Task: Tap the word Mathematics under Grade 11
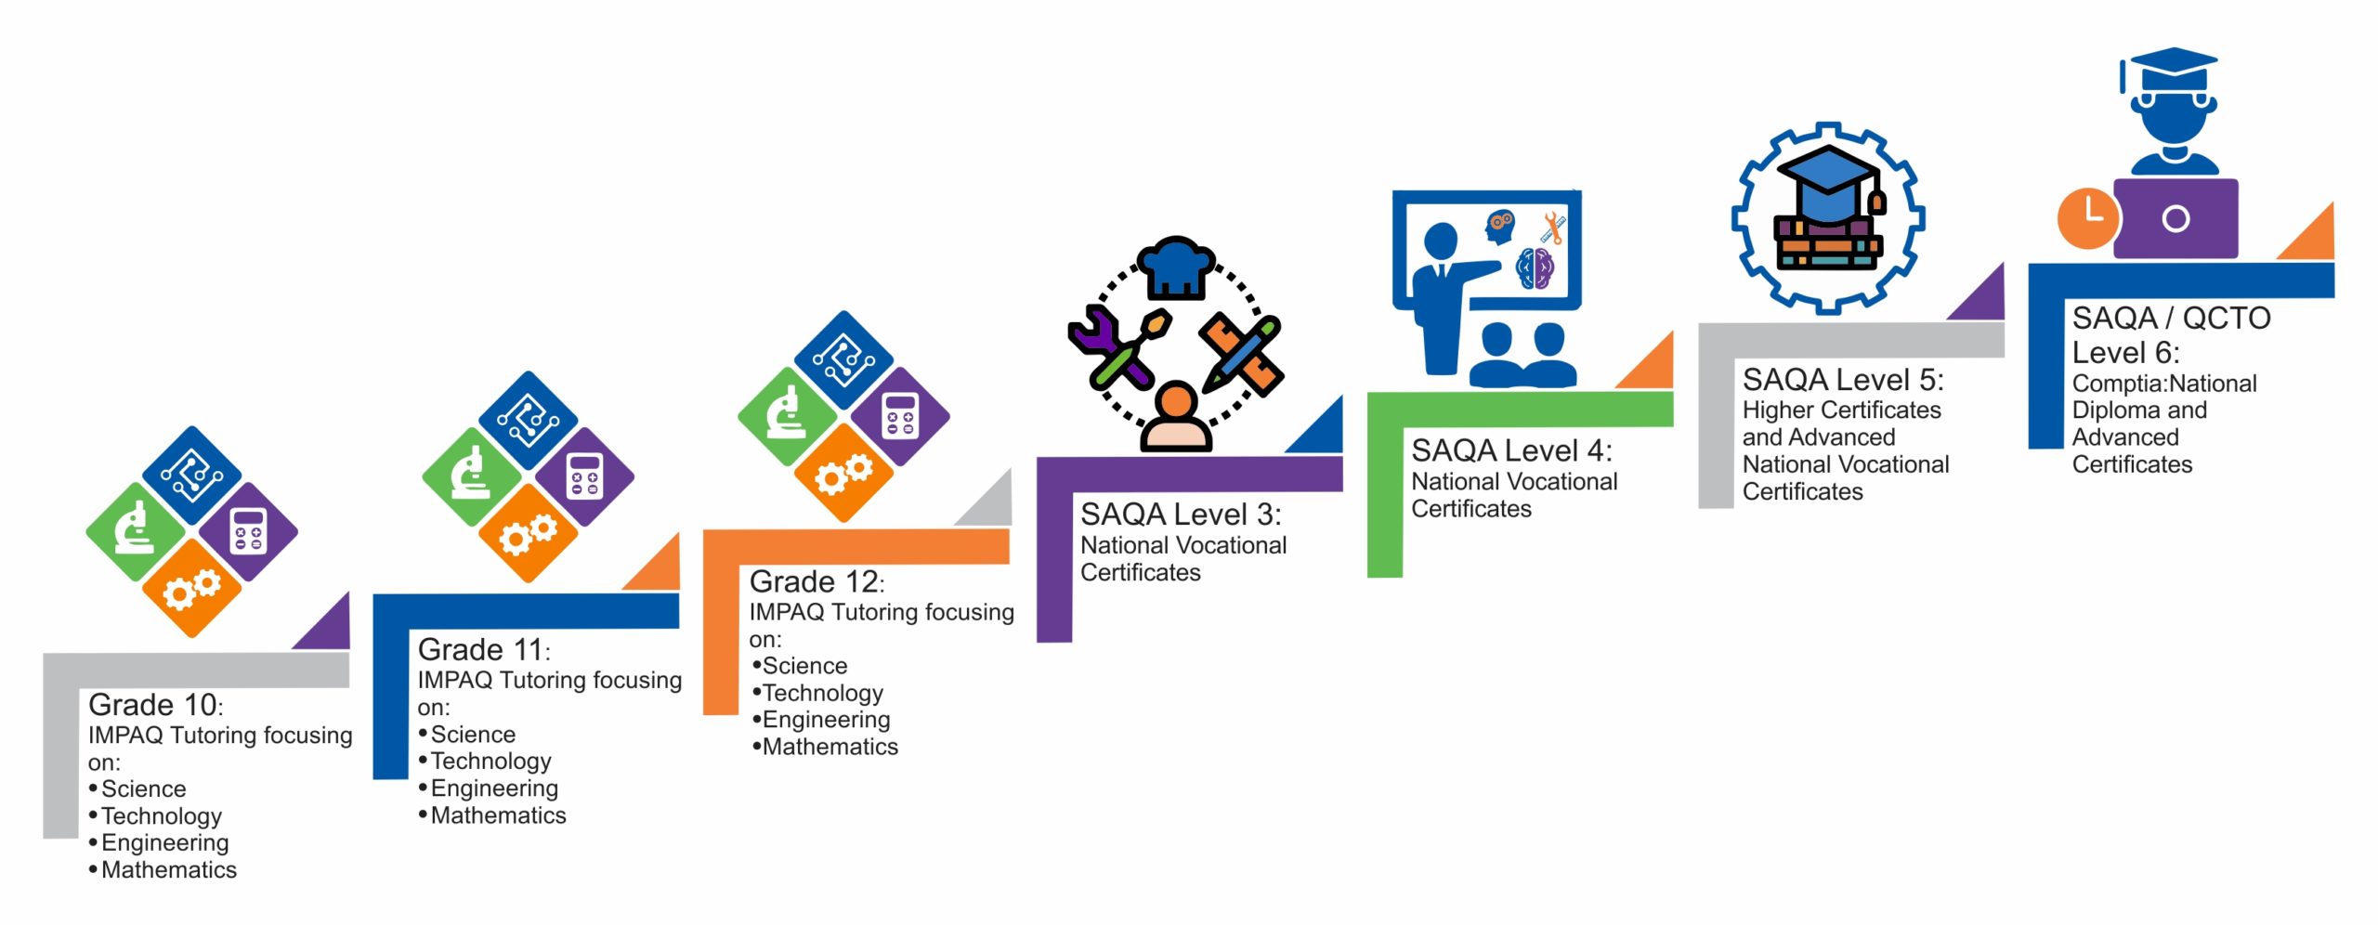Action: pyautogui.click(x=498, y=815)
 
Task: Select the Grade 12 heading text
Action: pyautogui.click(x=816, y=581)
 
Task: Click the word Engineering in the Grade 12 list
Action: pyautogui.click(x=826, y=720)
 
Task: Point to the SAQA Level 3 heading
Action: pyautogui.click(x=1180, y=515)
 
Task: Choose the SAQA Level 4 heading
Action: pyautogui.click(x=1511, y=450)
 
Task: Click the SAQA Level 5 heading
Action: pyautogui.click(x=1842, y=380)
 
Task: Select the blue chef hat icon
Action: pyautogui.click(x=1176, y=267)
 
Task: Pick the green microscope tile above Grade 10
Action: pyautogui.click(x=136, y=531)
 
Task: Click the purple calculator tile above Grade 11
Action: pyautogui.click(x=584, y=476)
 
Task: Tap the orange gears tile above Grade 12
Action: pyautogui.click(x=843, y=474)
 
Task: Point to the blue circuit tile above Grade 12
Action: pyautogui.click(x=843, y=360)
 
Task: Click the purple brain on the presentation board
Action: pyautogui.click(x=1535, y=268)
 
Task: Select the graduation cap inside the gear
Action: pyautogui.click(x=1828, y=183)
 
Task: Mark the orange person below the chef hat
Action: pyautogui.click(x=1177, y=418)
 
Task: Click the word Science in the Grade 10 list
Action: pyautogui.click(x=143, y=789)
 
